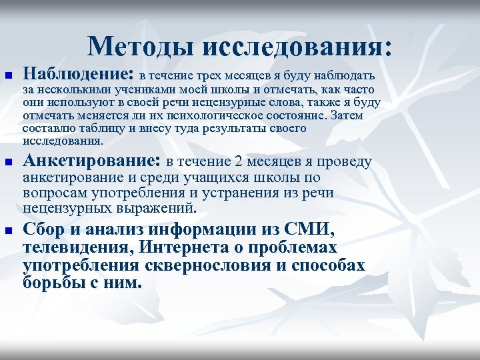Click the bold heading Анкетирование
coord(91,161)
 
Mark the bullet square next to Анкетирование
coord(8,163)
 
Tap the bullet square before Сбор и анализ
coord(8,231)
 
